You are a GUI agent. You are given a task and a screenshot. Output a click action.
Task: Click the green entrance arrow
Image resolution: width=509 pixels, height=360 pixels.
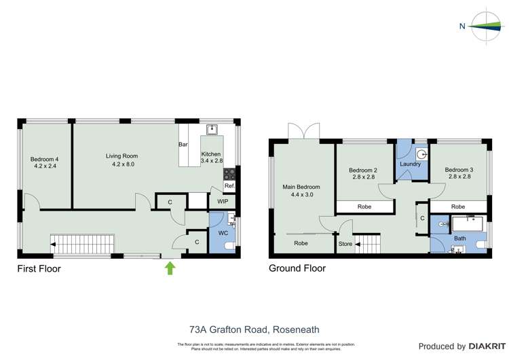click(x=170, y=268)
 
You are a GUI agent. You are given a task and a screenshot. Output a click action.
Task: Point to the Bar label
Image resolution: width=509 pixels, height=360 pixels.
click(x=183, y=145)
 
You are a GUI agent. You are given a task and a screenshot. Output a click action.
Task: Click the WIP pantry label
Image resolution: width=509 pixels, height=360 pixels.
click(x=223, y=202)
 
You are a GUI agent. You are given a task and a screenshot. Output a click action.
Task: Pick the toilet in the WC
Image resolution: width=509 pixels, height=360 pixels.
click(x=229, y=245)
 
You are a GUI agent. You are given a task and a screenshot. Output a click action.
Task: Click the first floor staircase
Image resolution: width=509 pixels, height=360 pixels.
click(x=81, y=242)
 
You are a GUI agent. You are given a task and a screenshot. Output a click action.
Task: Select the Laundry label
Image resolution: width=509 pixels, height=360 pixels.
click(x=411, y=164)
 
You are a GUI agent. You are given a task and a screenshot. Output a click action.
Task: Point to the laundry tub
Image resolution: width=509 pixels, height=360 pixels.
click(x=421, y=153)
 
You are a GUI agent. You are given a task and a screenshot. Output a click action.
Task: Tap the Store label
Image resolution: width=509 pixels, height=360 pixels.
click(x=345, y=244)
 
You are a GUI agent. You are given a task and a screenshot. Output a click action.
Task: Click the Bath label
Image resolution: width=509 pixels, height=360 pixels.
click(x=460, y=238)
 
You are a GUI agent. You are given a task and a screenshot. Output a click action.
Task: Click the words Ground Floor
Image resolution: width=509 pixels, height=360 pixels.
click(x=297, y=268)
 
